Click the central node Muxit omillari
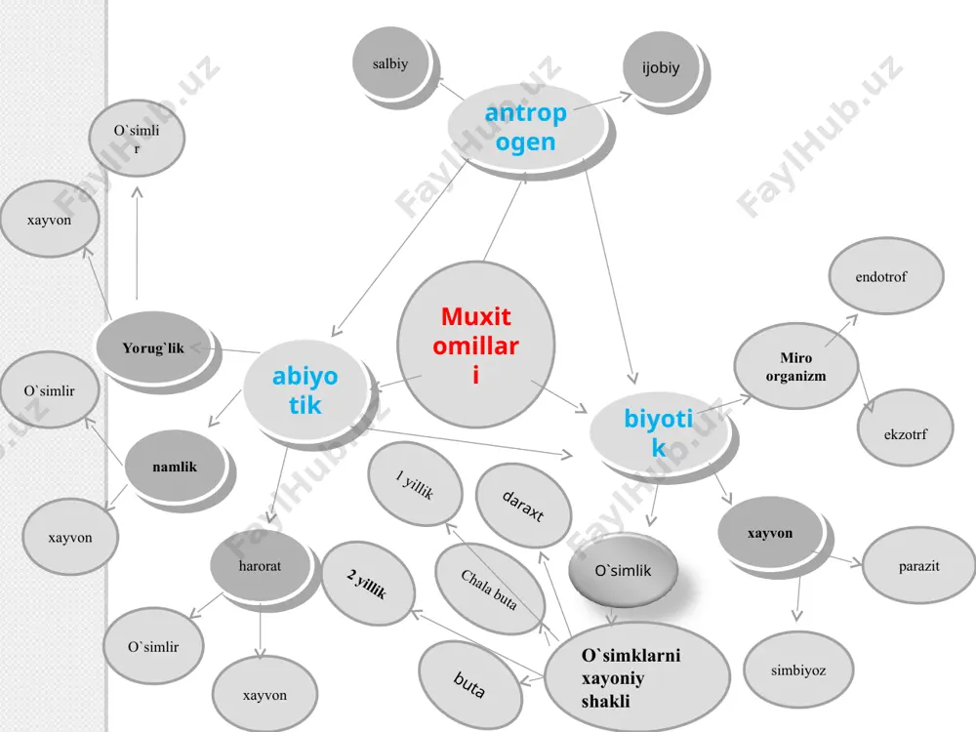tap(476, 345)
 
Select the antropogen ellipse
tap(527, 128)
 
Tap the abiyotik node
tap(305, 390)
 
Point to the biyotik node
tap(659, 432)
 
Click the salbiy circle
tap(390, 62)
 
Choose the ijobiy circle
tap(661, 67)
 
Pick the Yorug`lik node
tap(153, 347)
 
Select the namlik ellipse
tap(175, 467)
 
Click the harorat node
tap(260, 566)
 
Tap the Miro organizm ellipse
tap(796, 366)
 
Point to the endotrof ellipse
tap(886, 276)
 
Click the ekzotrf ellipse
tap(905, 427)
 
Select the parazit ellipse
tap(918, 565)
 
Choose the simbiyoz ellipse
tap(798, 670)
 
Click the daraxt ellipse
tap(523, 506)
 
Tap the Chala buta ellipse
tap(490, 589)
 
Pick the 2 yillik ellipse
tap(368, 584)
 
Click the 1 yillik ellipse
tap(415, 484)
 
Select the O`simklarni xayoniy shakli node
tap(636, 677)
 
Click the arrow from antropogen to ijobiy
tap(602, 102)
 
